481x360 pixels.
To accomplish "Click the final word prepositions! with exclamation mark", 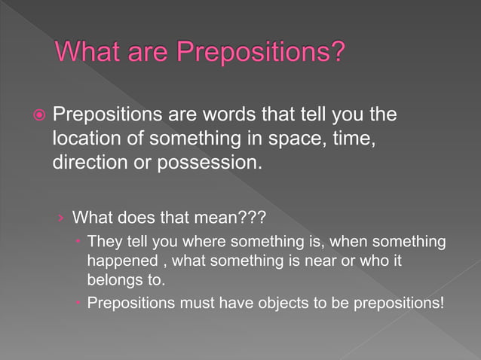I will point(399,304).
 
